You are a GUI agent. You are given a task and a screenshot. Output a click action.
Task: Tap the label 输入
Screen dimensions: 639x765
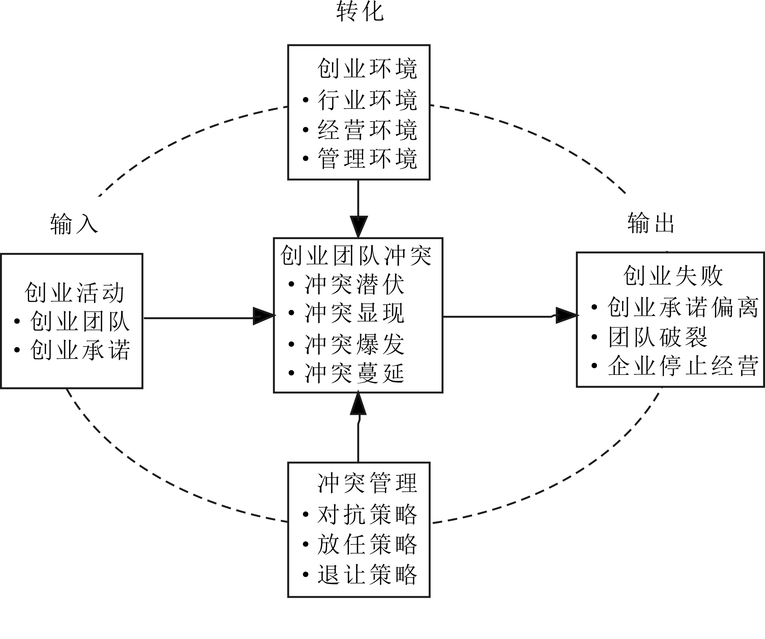tap(74, 224)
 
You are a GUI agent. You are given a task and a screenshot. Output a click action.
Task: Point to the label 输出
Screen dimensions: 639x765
tap(651, 223)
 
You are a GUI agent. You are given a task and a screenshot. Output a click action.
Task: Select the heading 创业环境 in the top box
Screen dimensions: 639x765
tap(367, 69)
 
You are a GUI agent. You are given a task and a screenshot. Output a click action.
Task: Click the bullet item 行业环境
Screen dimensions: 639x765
tap(367, 100)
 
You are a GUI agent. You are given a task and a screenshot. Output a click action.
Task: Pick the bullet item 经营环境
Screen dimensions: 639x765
tap(367, 130)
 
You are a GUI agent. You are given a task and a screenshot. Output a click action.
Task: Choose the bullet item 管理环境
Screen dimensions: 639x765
tap(367, 159)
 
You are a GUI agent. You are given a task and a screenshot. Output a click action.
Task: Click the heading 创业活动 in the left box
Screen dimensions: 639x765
tap(74, 292)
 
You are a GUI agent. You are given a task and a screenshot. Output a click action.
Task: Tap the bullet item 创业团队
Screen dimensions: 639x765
tap(80, 322)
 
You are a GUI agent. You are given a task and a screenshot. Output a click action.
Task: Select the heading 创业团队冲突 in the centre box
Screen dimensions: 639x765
tap(356, 256)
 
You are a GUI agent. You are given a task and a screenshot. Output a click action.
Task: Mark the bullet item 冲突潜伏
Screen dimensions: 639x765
tap(354, 285)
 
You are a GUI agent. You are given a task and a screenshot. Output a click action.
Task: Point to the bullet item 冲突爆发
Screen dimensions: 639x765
tap(354, 345)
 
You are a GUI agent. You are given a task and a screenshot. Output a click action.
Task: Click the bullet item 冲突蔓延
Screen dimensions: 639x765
tap(354, 373)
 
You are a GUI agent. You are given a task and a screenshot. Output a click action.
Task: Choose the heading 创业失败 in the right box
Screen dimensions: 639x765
tap(673, 276)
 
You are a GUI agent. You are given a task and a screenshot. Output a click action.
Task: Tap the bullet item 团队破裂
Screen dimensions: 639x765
tap(658, 337)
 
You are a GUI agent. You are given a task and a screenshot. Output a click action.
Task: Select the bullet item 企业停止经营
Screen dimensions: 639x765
tap(683, 366)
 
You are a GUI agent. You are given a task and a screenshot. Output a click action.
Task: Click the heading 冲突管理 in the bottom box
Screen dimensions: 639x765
tap(367, 483)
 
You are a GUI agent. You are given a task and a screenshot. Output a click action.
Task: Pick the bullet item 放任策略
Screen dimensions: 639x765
tap(367, 544)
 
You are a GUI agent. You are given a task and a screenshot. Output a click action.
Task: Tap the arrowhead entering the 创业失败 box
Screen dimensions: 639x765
tap(566, 315)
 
